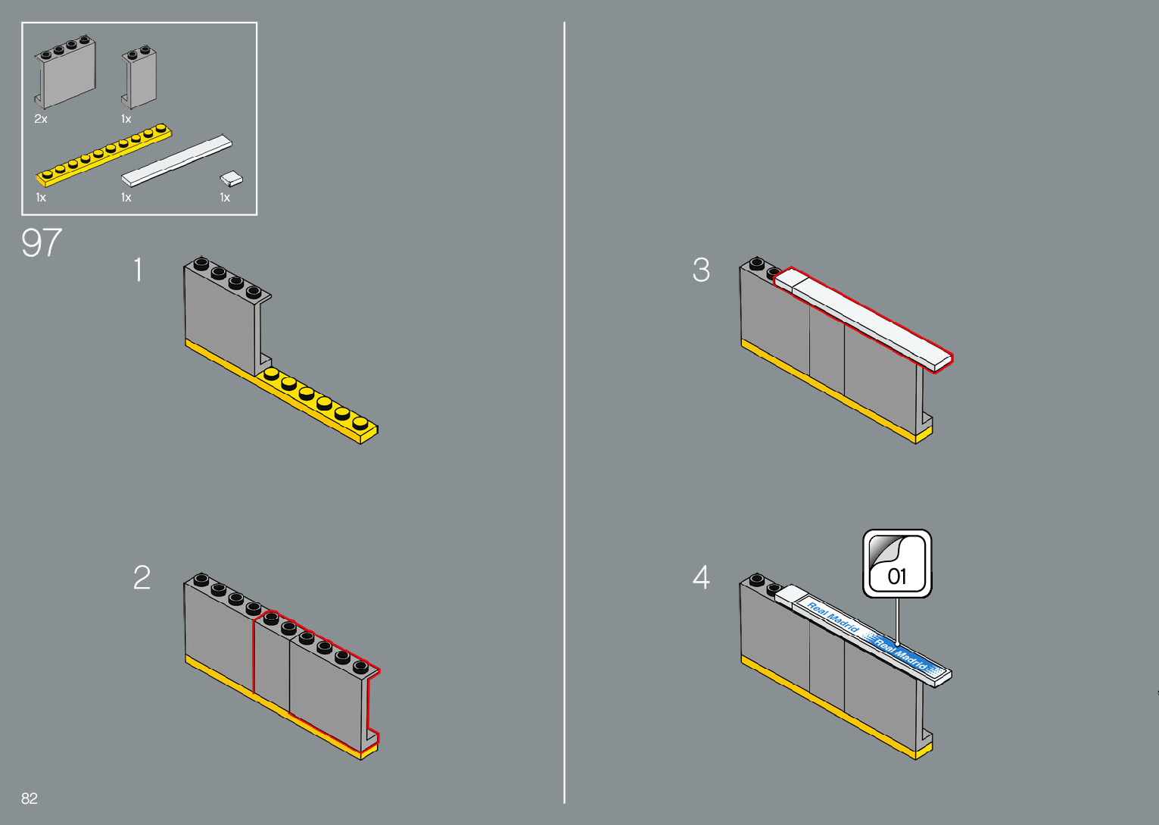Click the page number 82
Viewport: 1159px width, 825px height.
click(x=30, y=798)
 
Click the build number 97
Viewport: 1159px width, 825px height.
click(x=41, y=243)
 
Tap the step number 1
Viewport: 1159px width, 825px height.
click(x=138, y=270)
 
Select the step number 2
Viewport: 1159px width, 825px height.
click(x=142, y=577)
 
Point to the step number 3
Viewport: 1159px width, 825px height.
click(x=701, y=270)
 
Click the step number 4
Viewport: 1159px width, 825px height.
click(x=701, y=577)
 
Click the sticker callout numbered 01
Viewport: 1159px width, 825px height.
click(x=897, y=564)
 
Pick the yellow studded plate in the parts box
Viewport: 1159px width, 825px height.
click(x=104, y=155)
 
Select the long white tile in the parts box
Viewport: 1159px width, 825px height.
click(x=176, y=161)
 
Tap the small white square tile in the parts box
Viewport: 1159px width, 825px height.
click(x=232, y=179)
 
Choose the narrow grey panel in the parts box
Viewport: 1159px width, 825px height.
click(x=141, y=77)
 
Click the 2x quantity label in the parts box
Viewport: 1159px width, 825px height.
click(x=41, y=119)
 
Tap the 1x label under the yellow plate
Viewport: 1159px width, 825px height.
click(x=41, y=198)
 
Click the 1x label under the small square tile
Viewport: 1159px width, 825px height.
click(x=225, y=198)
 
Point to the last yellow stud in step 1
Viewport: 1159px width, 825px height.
click(x=360, y=422)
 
